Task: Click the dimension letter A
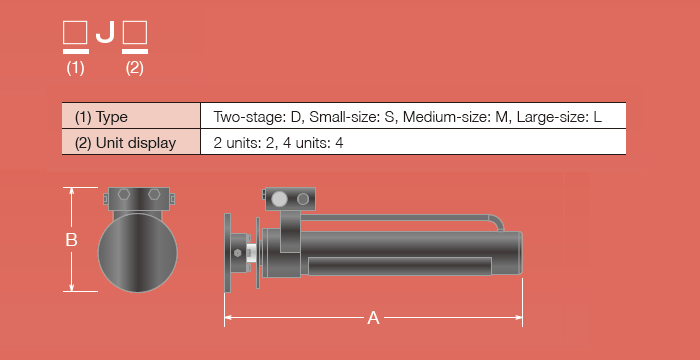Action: [373, 318]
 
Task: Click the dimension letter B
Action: [71, 240]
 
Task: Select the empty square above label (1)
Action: [75, 34]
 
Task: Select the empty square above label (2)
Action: [134, 34]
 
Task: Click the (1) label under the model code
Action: [75, 68]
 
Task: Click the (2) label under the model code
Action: [135, 68]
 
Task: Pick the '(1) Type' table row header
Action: [101, 116]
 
